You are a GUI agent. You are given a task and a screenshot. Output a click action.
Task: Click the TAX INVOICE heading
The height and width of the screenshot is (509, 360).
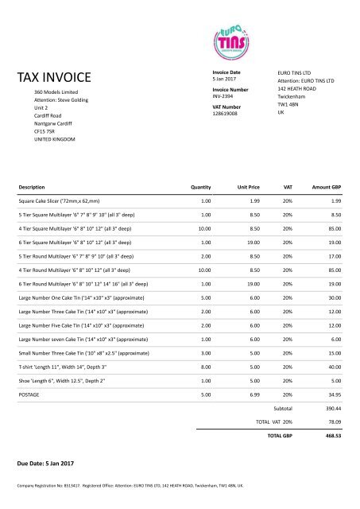click(53, 77)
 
